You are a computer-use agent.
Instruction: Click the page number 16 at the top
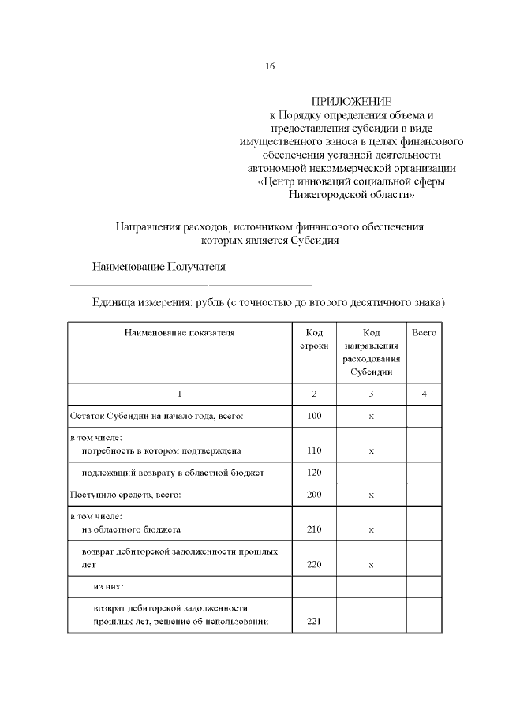point(270,66)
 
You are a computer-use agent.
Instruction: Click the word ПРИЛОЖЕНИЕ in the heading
point(351,102)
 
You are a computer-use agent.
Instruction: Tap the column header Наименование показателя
point(180,333)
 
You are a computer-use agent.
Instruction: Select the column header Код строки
point(314,340)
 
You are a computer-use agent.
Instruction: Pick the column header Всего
point(425,333)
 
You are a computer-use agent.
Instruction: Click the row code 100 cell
point(314,415)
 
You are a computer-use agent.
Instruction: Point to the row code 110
point(314,450)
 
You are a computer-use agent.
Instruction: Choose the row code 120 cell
point(314,473)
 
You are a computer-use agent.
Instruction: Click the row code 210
point(314,529)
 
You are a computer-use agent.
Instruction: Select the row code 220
point(314,565)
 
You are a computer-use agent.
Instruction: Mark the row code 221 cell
point(314,622)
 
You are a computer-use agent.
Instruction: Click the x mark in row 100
point(371,415)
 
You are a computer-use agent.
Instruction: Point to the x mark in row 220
point(371,565)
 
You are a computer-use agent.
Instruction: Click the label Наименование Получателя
point(159,266)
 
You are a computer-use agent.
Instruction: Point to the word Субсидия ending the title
point(313,241)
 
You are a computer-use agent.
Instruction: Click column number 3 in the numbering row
point(371,393)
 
